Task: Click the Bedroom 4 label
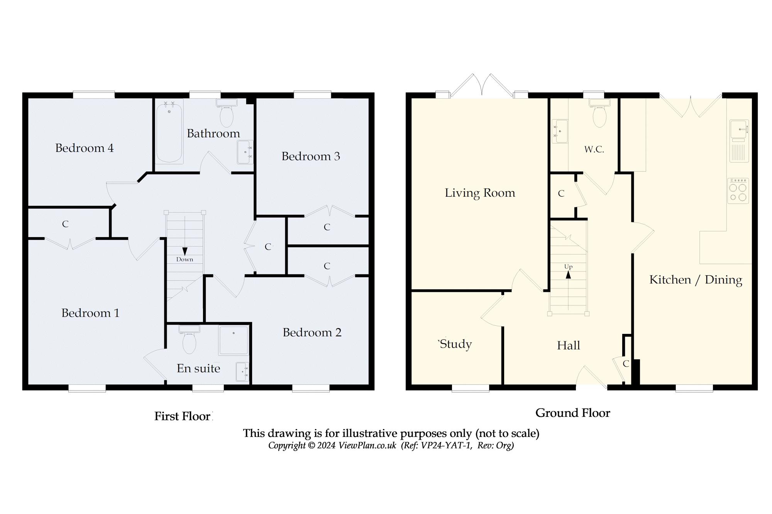coord(85,148)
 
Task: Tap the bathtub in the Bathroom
coord(169,131)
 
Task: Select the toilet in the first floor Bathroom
coord(227,113)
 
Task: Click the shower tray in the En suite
coord(233,340)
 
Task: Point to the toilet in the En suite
coord(189,340)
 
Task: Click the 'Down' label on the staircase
coord(185,260)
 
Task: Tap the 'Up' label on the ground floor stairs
coord(568,267)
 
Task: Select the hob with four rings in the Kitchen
coord(738,191)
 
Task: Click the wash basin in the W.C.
coord(560,131)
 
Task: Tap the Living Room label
coord(480,193)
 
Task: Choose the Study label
coord(456,344)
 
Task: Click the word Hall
coord(569,345)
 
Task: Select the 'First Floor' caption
coord(182,416)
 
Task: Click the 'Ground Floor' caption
coord(573,413)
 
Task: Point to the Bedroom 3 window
coord(312,94)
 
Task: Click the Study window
coord(471,388)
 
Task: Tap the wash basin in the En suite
coord(242,372)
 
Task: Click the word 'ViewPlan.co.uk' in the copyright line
coord(367,446)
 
